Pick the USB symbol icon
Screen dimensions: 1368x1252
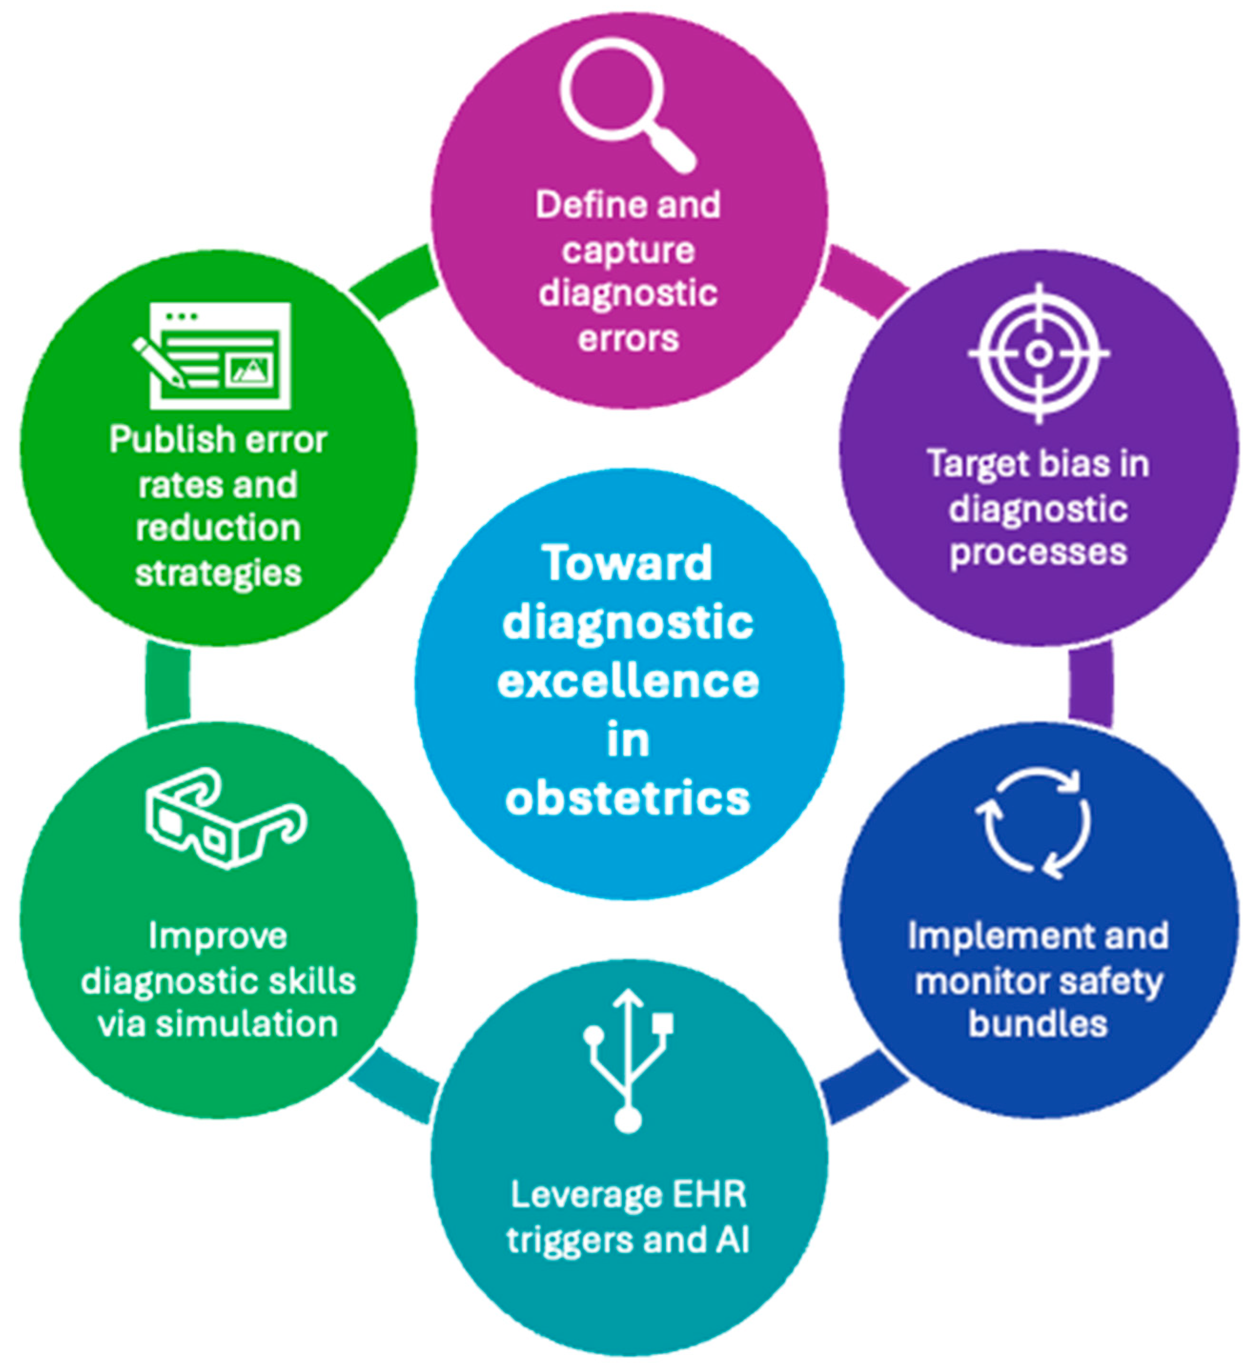[x=628, y=1058]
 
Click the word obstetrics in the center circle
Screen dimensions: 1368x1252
[x=627, y=799]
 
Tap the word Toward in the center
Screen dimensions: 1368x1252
[x=627, y=563]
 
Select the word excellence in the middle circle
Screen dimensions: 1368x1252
[x=627, y=681]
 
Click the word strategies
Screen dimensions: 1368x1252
[x=218, y=573]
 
